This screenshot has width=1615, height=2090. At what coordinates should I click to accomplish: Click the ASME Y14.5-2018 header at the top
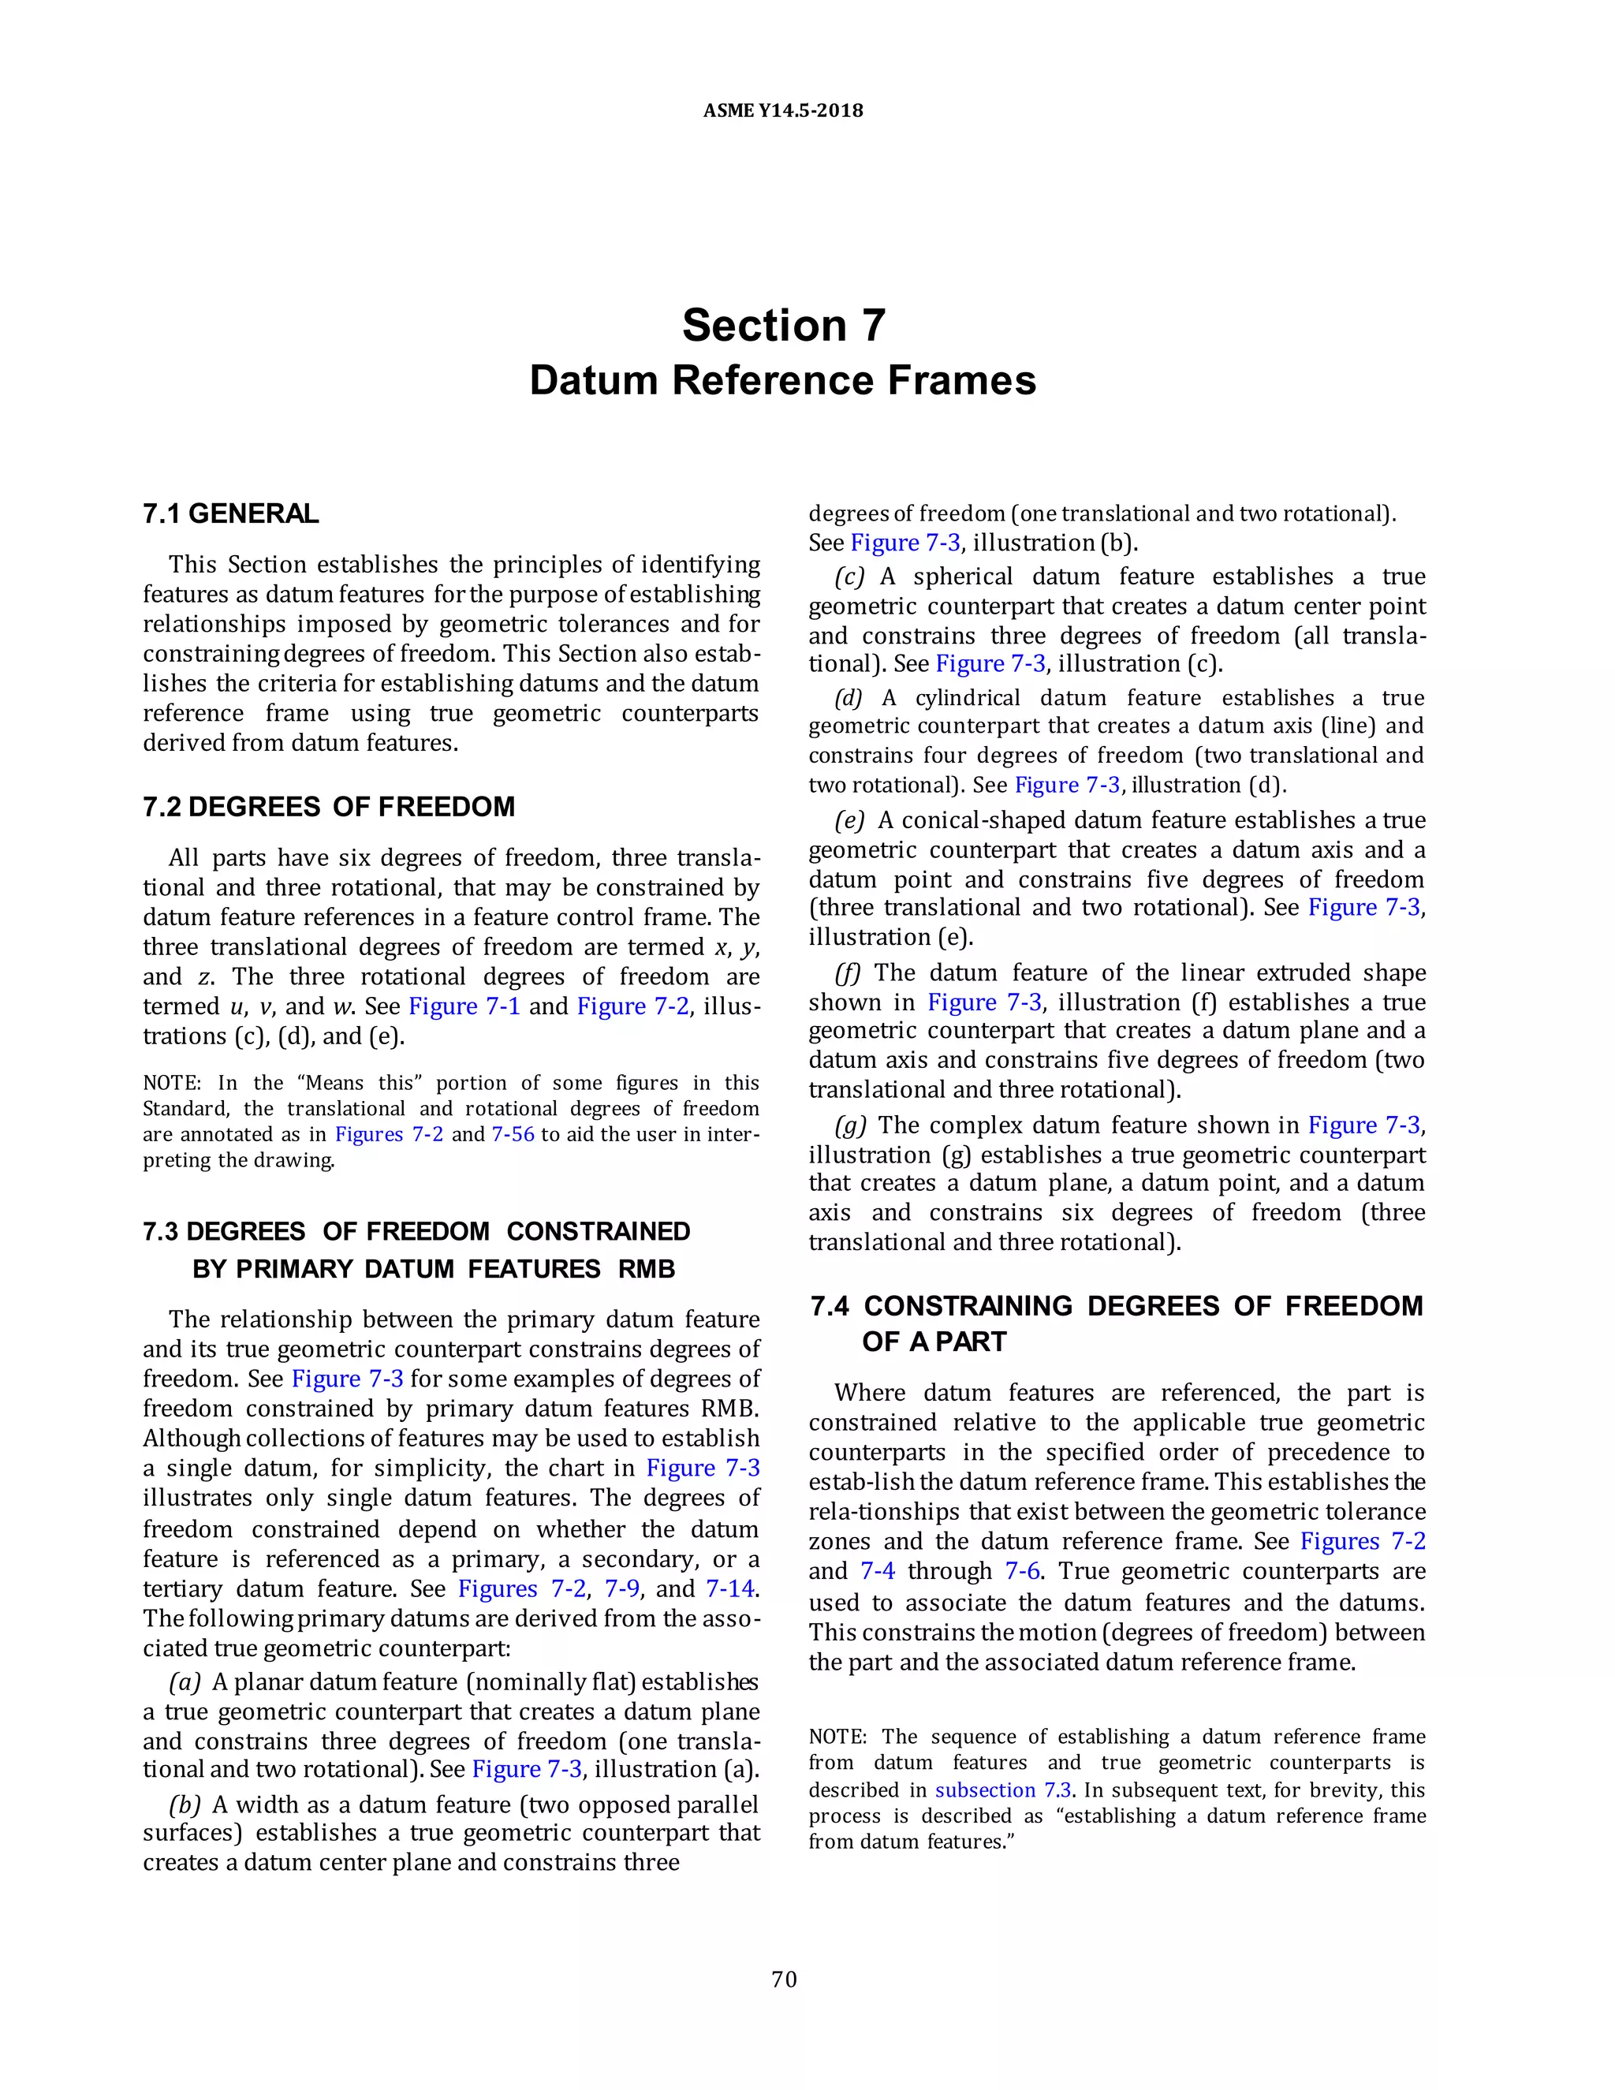pos(782,110)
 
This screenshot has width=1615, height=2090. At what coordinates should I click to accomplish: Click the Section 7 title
pos(782,326)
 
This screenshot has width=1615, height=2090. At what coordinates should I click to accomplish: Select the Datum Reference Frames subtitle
pos(782,380)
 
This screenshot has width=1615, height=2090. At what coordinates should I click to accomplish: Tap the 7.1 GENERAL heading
pos(230,514)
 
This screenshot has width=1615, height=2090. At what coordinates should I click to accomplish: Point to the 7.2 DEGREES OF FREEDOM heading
pos(328,807)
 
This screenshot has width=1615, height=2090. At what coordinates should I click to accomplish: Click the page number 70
pos(784,1979)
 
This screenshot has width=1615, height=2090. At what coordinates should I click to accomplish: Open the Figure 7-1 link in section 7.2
pos(463,1006)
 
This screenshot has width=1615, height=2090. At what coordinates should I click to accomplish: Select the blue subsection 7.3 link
pos(1003,1790)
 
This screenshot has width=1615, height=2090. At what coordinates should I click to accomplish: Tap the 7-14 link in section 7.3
pos(730,1588)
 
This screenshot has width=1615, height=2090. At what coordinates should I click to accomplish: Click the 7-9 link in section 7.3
pos(622,1588)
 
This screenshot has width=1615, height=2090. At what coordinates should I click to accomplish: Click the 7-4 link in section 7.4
pos(878,1571)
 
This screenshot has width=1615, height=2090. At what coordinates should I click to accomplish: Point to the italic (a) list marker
pos(185,1681)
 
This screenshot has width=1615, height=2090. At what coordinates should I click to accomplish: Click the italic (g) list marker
pos(849,1125)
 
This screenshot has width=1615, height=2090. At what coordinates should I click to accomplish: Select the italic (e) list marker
pos(849,820)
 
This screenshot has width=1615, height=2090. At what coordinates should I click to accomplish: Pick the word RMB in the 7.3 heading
pos(647,1269)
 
